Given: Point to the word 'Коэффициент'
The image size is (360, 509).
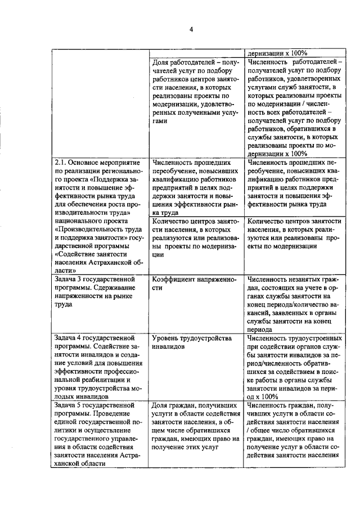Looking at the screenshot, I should click(175, 279).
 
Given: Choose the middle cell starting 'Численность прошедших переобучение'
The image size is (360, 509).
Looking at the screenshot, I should click(196, 187).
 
